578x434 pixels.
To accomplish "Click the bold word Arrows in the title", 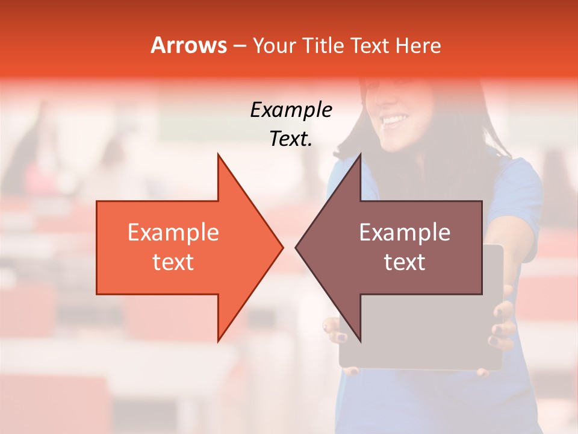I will coord(188,45).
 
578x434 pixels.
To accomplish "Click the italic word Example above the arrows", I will coord(291,110).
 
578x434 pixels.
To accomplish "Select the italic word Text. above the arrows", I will coord(291,139).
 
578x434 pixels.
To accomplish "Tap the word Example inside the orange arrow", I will coord(173,233).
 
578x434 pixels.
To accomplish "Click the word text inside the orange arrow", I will coord(173,262).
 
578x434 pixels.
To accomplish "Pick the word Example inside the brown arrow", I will coord(405,233).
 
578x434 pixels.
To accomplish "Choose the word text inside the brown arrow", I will coord(405,262).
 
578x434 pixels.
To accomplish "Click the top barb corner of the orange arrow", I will coord(218,155).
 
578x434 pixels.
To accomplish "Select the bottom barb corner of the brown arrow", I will coord(360,341).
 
